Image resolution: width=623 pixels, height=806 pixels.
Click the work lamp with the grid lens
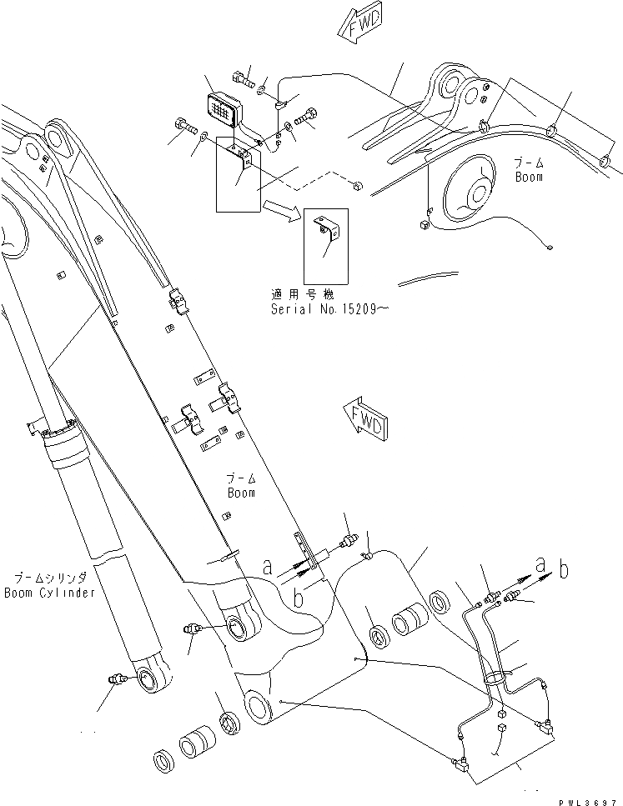point(223,109)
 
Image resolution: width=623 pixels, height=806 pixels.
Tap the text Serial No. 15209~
point(327,308)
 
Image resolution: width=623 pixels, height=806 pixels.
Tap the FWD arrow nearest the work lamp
point(357,26)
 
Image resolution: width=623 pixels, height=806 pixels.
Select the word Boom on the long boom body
point(241,493)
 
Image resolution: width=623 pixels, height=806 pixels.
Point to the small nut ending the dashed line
point(357,186)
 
